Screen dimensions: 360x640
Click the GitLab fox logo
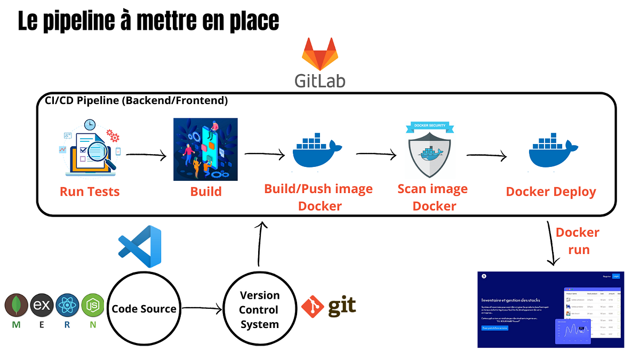[x=320, y=54]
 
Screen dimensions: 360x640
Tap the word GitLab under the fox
[x=320, y=80]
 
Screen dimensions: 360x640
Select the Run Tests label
[x=90, y=191]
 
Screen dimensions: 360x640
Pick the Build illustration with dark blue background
[x=205, y=149]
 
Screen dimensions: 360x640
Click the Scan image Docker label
[x=433, y=197]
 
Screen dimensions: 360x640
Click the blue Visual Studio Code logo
[x=140, y=246]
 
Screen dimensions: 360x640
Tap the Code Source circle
[x=144, y=309]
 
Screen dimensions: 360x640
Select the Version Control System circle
[x=259, y=310]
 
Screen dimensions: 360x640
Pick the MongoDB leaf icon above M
[x=17, y=306]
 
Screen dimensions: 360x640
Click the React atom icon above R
[x=67, y=306]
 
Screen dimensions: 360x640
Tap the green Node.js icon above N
[x=93, y=306]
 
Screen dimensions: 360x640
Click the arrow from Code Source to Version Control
[x=202, y=308]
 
